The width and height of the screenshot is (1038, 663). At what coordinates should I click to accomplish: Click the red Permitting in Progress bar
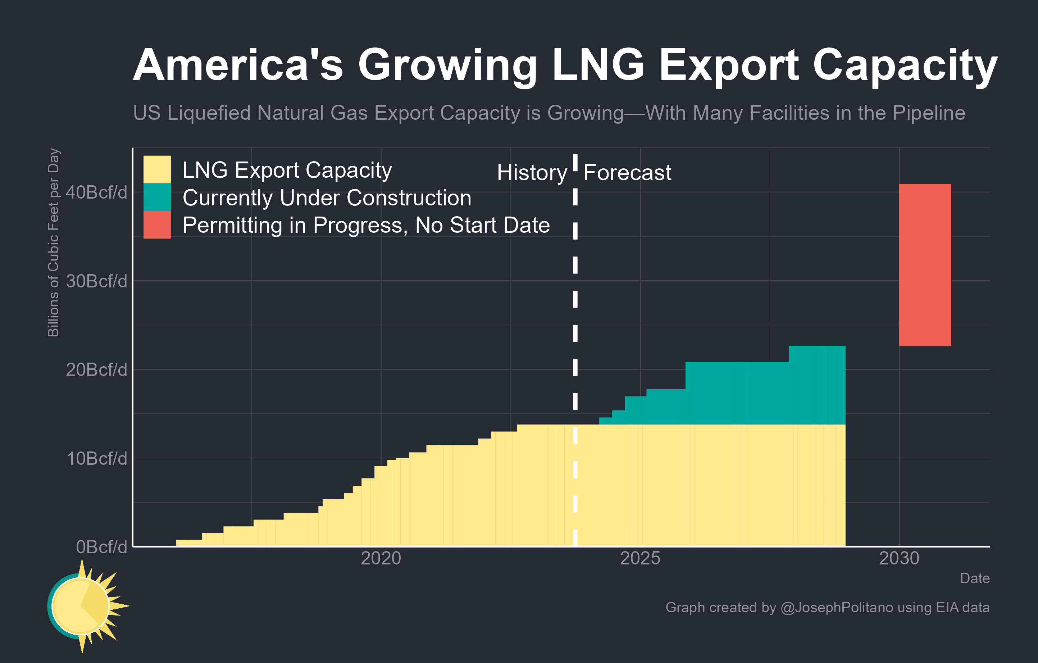click(925, 265)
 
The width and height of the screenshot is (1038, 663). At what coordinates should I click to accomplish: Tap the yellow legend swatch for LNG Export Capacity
click(157, 169)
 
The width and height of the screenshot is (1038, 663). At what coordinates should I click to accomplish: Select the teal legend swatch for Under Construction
click(157, 197)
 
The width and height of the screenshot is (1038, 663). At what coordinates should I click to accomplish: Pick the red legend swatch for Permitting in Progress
click(157, 224)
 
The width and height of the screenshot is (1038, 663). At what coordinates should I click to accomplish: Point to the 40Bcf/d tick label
click(96, 192)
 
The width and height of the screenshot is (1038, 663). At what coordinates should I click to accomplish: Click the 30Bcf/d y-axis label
click(96, 281)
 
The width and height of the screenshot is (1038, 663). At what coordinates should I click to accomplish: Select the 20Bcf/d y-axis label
click(96, 370)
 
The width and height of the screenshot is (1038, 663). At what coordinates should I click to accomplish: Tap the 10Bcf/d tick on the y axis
click(96, 458)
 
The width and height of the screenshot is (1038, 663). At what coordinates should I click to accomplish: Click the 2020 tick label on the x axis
click(381, 558)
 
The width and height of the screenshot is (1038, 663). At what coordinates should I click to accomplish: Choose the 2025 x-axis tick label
click(640, 558)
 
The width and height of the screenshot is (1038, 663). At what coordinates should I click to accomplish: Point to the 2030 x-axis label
click(899, 558)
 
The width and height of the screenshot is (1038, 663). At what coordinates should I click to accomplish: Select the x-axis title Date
click(974, 578)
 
